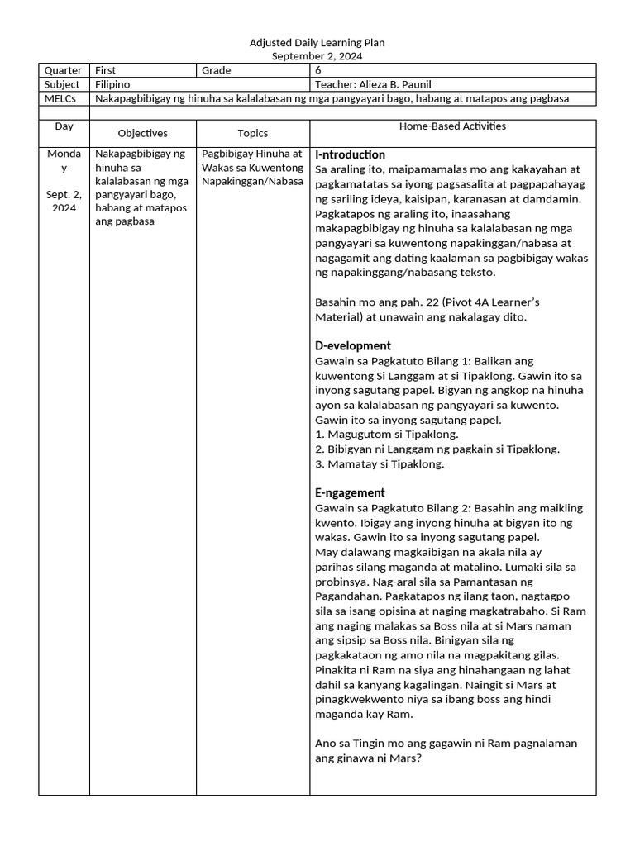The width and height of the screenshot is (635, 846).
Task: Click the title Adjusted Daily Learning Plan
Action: tap(317, 43)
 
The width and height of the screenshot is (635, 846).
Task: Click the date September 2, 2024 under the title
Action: tap(317, 56)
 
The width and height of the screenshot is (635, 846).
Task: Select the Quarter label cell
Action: tap(64, 70)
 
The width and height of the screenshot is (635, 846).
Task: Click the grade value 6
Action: tap(318, 70)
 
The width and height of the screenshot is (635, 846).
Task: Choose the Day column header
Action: tap(64, 126)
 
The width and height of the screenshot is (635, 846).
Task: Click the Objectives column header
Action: tap(142, 133)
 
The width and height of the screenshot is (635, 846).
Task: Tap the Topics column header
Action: tap(253, 133)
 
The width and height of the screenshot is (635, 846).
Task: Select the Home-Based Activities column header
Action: tap(452, 126)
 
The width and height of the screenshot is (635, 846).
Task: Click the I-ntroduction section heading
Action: tap(350, 154)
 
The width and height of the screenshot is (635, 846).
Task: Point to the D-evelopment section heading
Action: tap(353, 345)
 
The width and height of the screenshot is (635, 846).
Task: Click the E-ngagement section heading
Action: tap(350, 492)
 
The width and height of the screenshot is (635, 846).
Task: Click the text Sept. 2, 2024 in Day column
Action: tap(64, 201)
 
